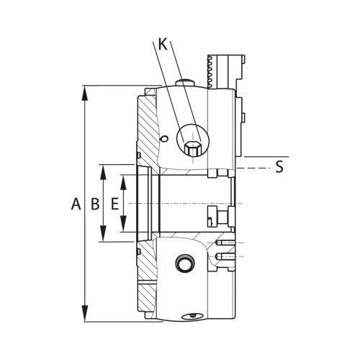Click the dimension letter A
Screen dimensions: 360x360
(76, 204)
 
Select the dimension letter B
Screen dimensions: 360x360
(94, 204)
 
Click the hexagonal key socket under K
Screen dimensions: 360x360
(192, 148)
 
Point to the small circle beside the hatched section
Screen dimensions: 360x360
(164, 139)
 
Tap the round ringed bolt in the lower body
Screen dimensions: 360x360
(184, 265)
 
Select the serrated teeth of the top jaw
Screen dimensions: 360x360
(212, 71)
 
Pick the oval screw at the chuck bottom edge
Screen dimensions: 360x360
(192, 315)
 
